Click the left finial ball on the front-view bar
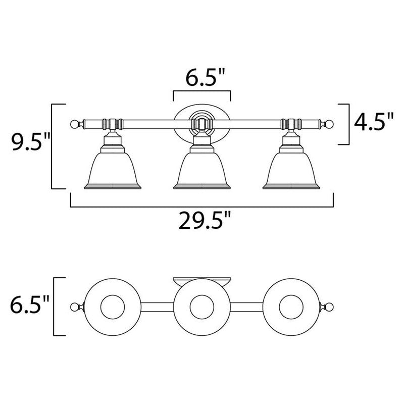pyautogui.click(x=75, y=123)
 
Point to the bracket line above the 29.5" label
pyautogui.click(x=202, y=206)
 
